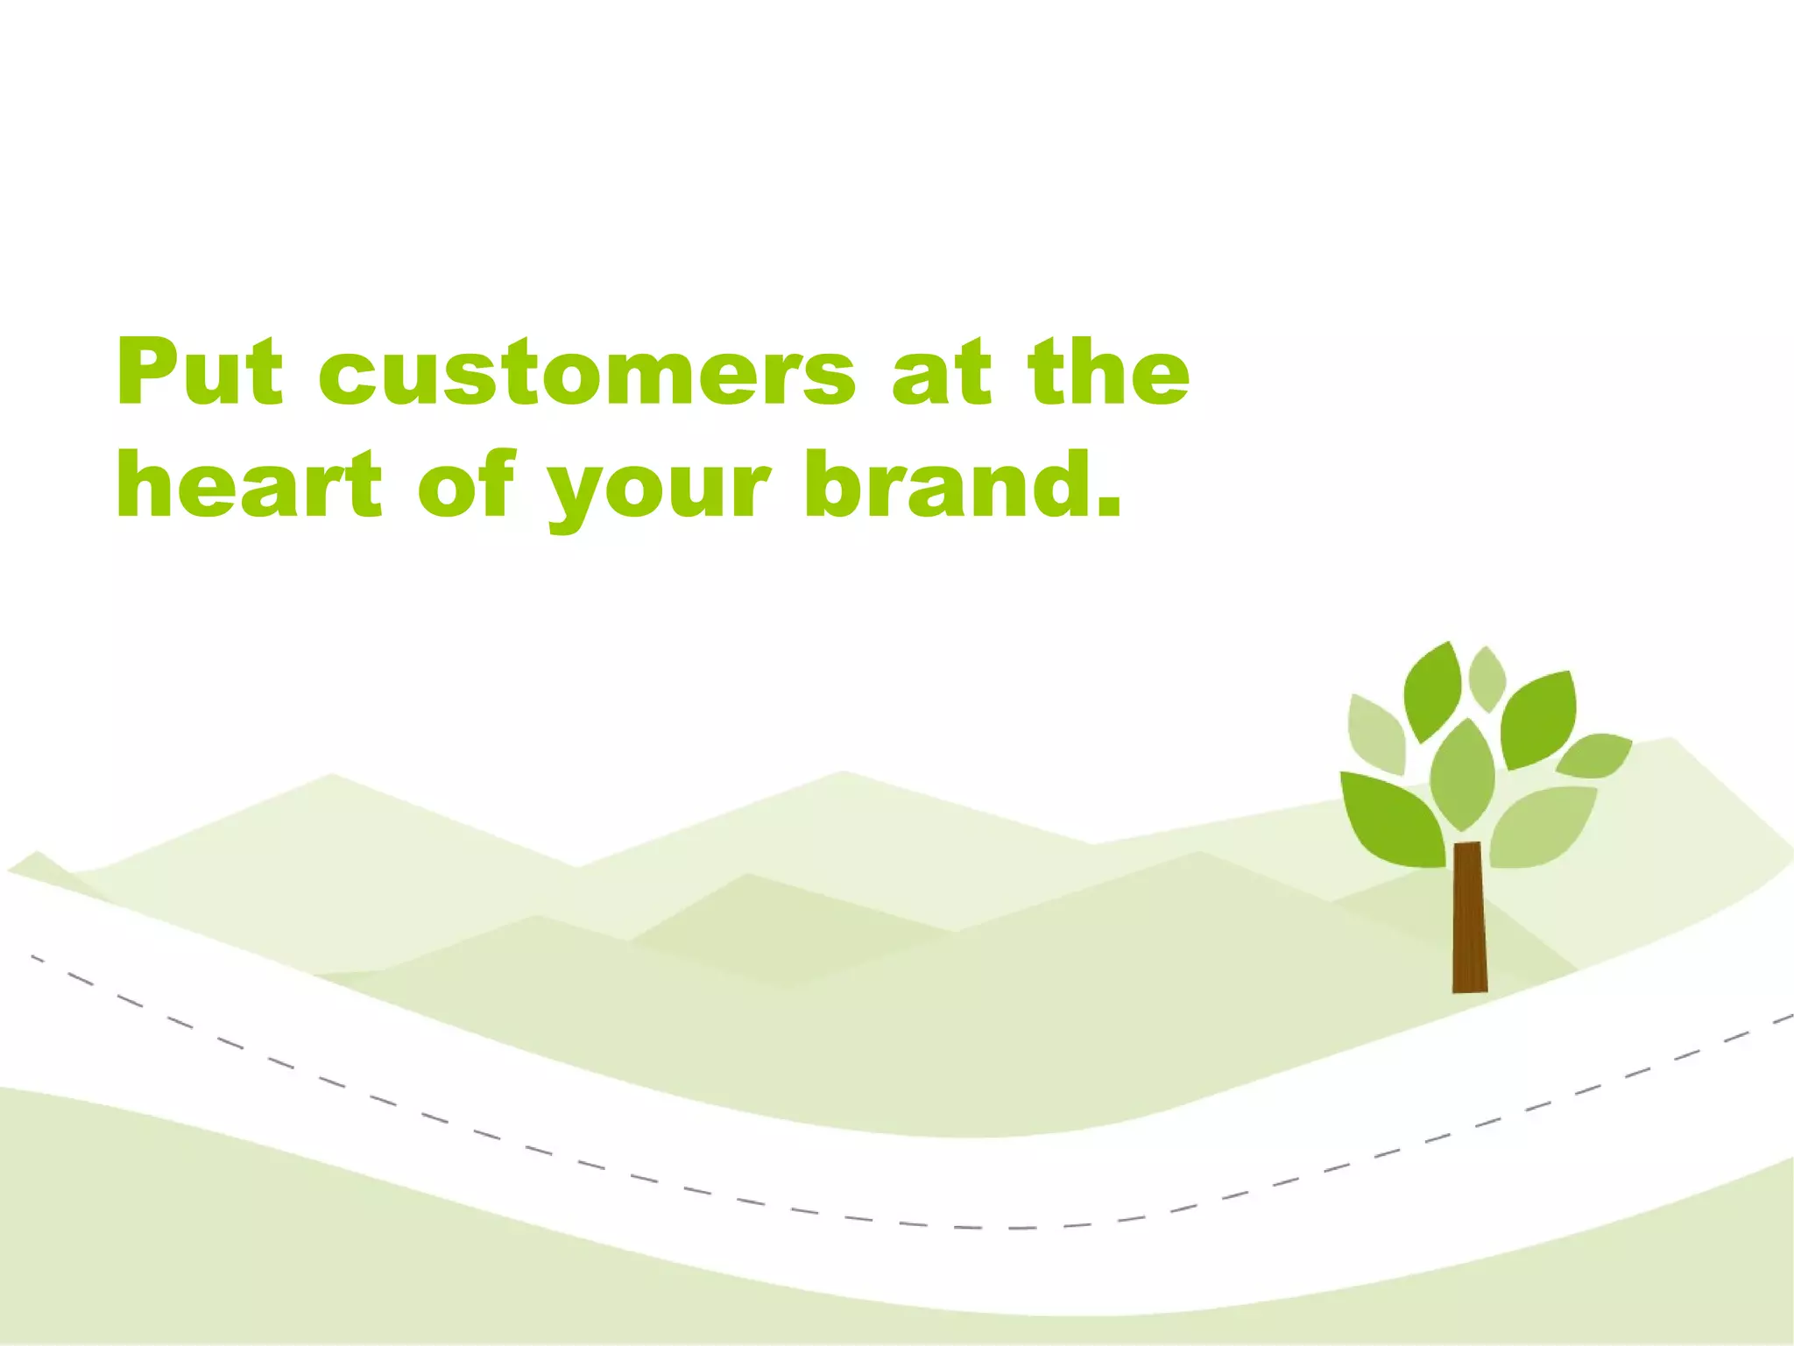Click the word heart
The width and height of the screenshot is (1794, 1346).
[x=250, y=483]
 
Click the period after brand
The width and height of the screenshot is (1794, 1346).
[x=1107, y=506]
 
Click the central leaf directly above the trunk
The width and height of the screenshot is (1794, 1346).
[x=1462, y=775]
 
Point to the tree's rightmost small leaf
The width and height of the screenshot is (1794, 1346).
[x=1594, y=755]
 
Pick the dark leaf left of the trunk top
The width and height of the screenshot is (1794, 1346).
[x=1393, y=819]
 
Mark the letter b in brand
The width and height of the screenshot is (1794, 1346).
[x=832, y=482]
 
